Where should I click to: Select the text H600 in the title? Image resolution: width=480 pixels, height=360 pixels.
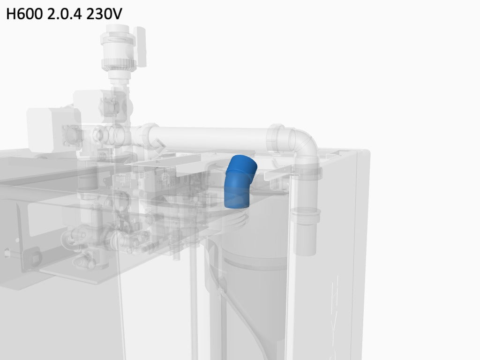(24, 14)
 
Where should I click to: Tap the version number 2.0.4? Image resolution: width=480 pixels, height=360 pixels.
(65, 14)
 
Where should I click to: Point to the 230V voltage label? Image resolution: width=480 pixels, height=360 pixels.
(104, 14)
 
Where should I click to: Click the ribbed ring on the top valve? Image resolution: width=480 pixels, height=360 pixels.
(118, 63)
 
